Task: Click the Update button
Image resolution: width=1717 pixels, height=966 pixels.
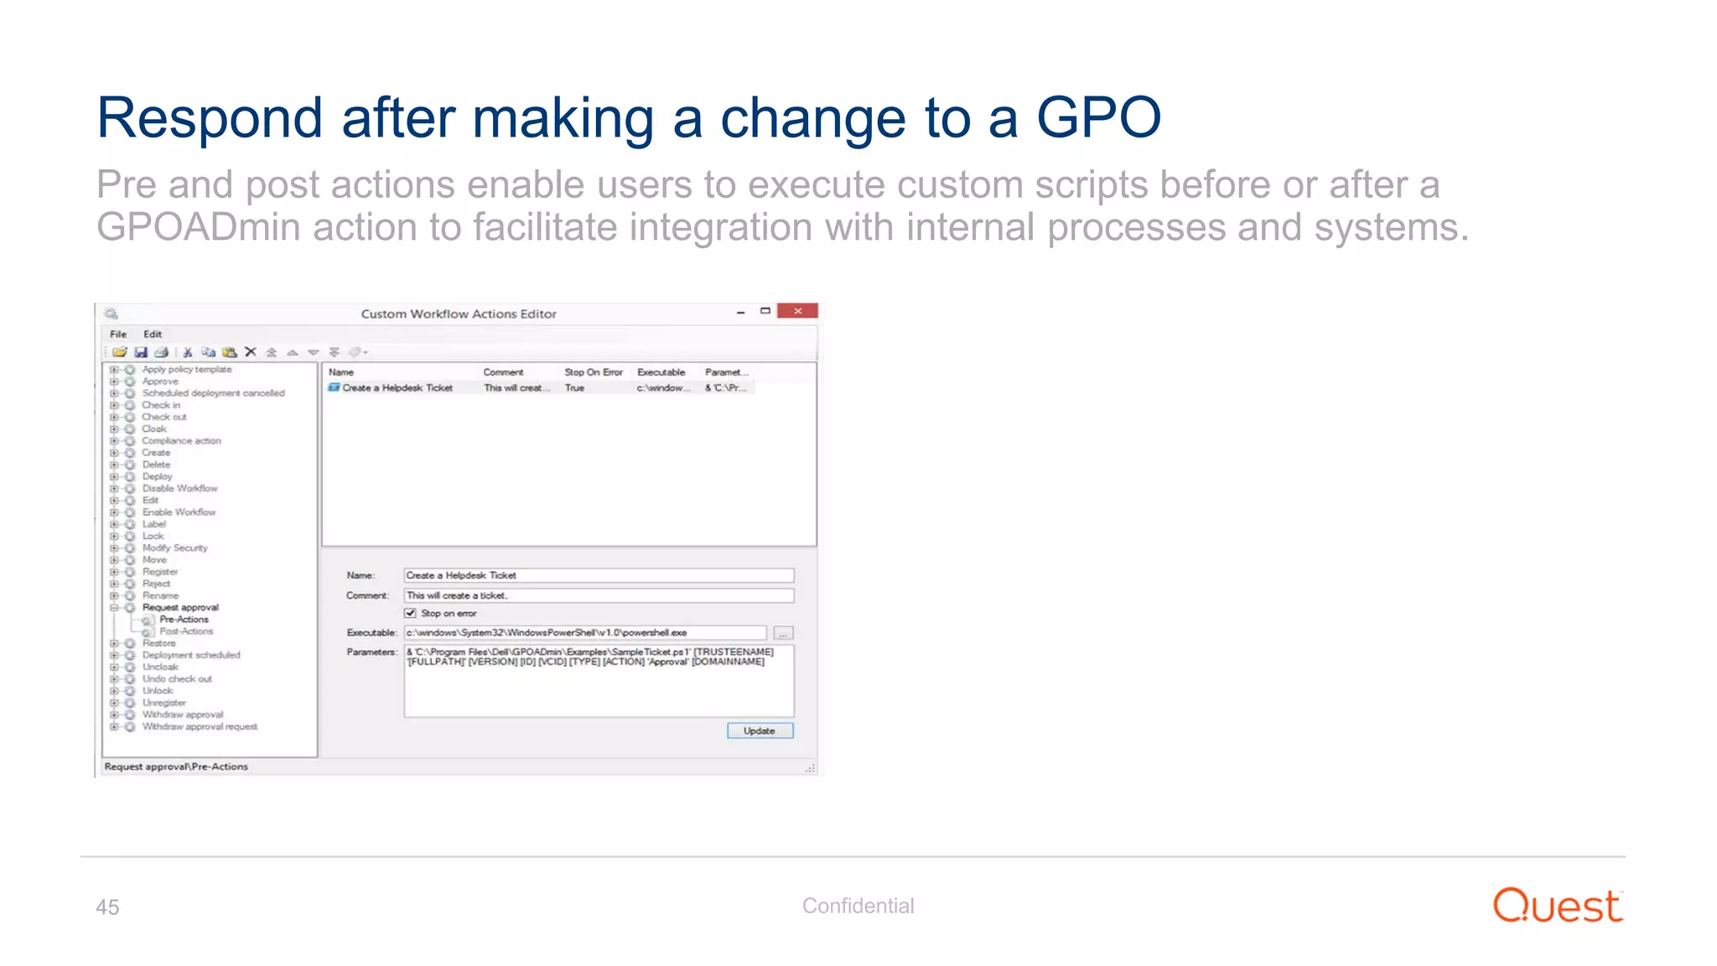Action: (760, 730)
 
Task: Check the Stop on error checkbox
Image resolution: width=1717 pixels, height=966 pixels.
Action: (411, 613)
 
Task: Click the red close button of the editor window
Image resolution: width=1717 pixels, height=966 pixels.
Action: (797, 311)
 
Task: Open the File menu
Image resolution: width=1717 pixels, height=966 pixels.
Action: (118, 334)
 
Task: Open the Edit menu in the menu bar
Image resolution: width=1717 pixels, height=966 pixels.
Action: (153, 334)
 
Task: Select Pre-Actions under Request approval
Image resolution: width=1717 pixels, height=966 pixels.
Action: (184, 619)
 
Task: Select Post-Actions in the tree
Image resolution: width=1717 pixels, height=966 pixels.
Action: (186, 631)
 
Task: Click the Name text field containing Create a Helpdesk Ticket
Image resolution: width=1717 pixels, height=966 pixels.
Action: (598, 575)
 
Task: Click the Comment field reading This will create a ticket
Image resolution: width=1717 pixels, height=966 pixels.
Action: (598, 595)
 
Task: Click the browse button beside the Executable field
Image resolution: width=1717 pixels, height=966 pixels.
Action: (783, 633)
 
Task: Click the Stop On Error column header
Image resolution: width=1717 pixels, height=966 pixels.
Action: (593, 372)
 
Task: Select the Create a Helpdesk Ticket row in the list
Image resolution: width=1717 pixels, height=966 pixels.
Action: (397, 387)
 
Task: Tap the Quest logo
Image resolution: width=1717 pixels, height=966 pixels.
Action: (1558, 906)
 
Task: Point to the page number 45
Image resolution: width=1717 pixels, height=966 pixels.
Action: (107, 907)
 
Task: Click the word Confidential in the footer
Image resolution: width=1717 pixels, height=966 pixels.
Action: (858, 906)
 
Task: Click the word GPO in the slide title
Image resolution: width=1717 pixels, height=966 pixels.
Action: (1098, 117)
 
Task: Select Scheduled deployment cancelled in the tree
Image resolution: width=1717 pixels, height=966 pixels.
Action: (213, 393)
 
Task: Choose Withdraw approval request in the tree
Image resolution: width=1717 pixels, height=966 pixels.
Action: (200, 727)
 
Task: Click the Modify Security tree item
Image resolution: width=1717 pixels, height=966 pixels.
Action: (174, 548)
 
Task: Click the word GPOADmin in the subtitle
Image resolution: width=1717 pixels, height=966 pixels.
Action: (198, 227)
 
